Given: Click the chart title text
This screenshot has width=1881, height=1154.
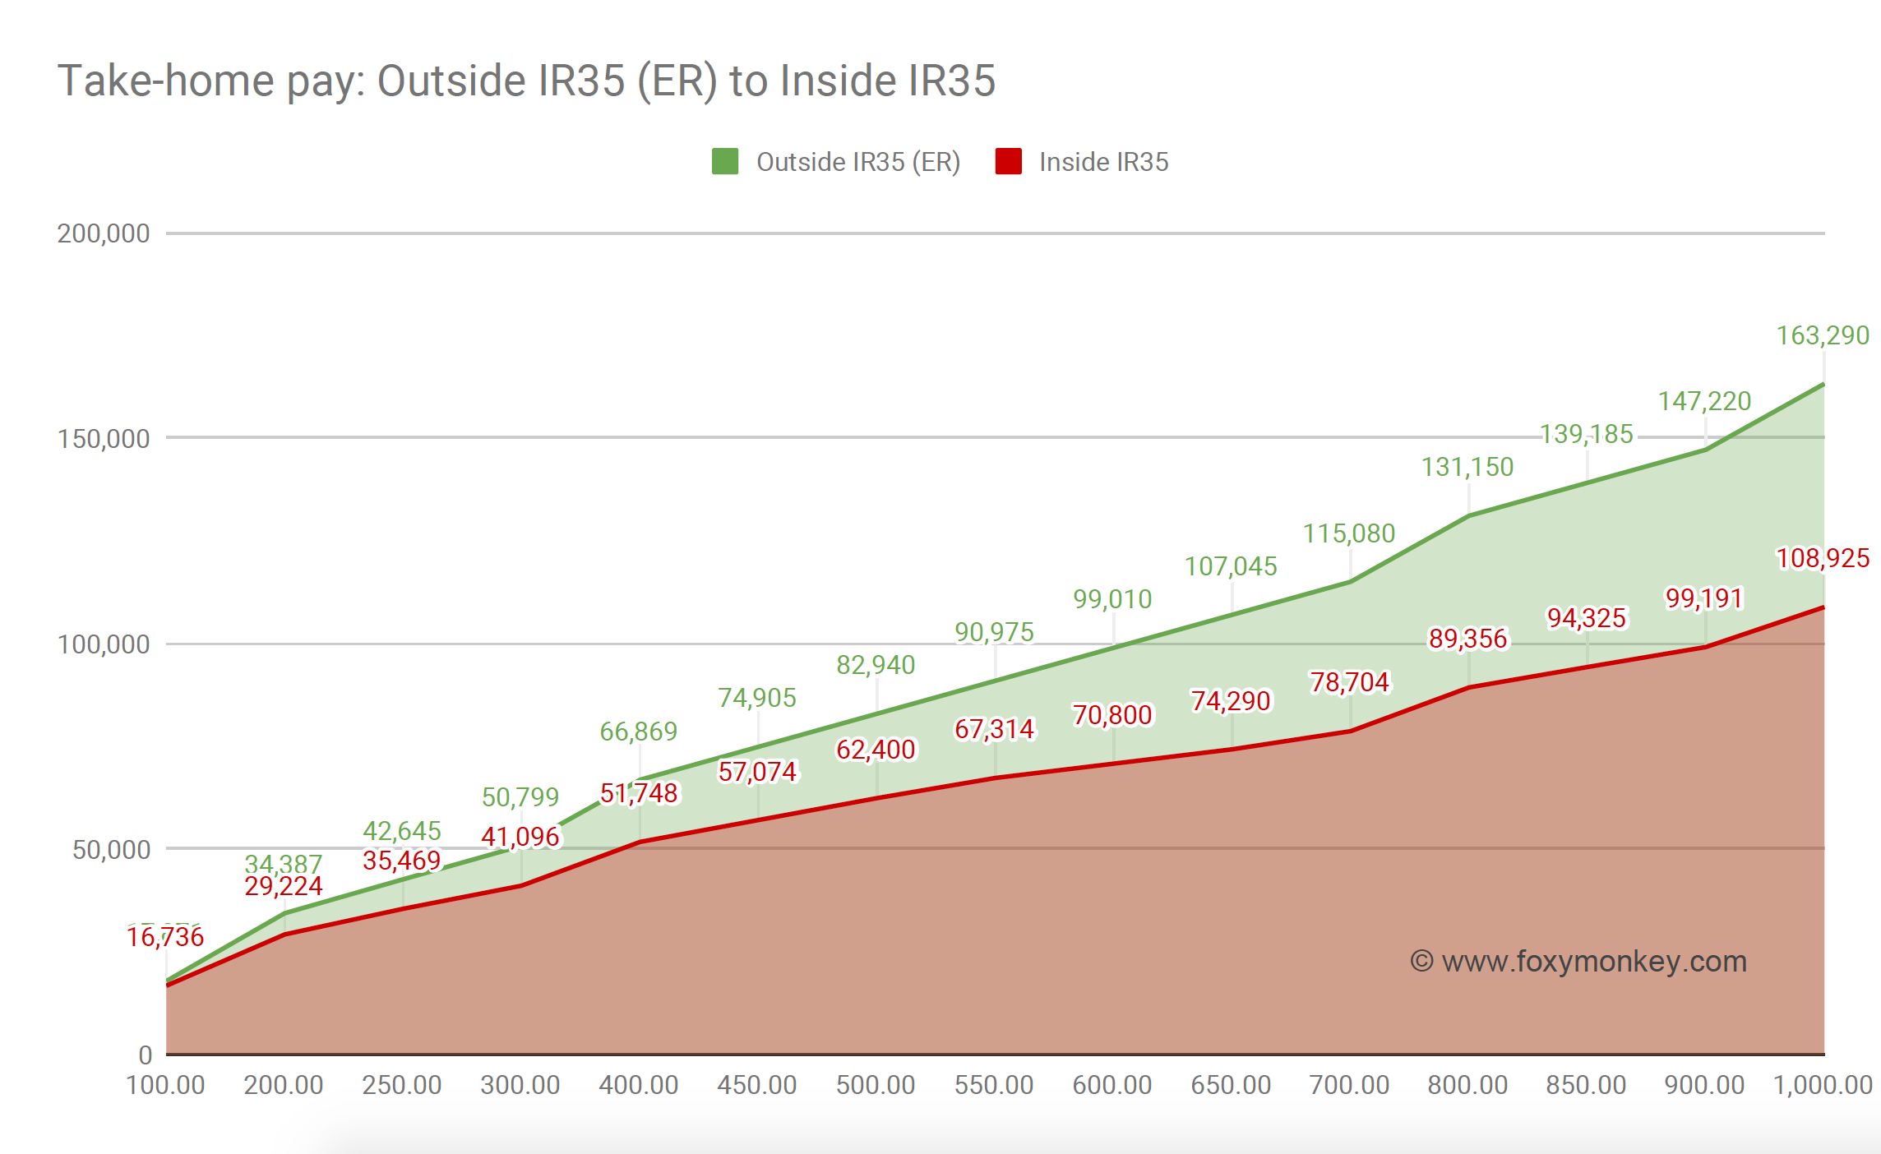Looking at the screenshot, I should (x=526, y=81).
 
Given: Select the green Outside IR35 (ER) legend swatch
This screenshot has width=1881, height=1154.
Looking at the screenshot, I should (x=724, y=161).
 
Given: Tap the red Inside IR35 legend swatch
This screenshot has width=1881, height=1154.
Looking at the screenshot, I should (x=1008, y=161).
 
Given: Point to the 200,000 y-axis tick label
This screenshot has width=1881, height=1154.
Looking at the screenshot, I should (x=104, y=233).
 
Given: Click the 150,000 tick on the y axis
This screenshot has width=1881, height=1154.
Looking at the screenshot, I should (x=104, y=439).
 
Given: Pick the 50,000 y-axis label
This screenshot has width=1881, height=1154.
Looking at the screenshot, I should (x=111, y=849).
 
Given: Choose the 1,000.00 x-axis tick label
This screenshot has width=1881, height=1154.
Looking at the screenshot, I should (x=1823, y=1085).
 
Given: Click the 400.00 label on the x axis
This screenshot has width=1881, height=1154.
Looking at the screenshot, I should (x=639, y=1085).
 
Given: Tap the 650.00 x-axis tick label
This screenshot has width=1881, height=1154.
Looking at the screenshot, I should (x=1231, y=1085).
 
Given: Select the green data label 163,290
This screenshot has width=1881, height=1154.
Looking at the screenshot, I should (x=1823, y=335).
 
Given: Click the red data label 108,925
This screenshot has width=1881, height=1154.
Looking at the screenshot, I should (x=1823, y=558).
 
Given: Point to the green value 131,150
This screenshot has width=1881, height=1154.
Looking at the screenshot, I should (x=1467, y=467).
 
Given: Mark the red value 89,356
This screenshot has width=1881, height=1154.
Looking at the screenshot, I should (x=1467, y=639).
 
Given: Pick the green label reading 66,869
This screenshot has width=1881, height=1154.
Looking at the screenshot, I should (x=639, y=732).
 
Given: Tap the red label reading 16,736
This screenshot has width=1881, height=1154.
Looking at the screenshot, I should (x=165, y=937).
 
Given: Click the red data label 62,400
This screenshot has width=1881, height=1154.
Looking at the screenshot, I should (x=876, y=750).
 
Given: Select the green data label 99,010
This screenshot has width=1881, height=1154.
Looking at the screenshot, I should (x=1112, y=599).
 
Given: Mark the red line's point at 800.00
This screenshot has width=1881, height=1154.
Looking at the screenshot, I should (x=1468, y=687).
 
